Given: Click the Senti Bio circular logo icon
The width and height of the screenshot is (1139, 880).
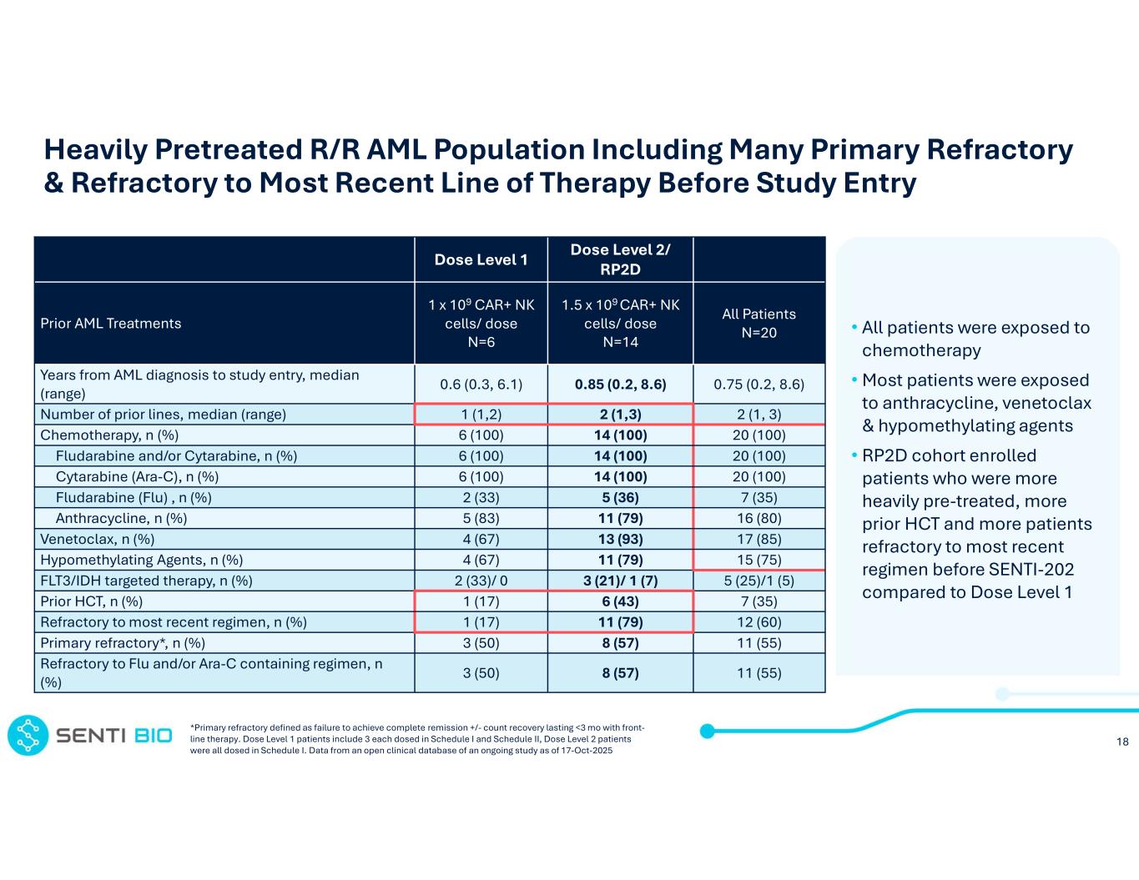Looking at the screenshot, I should [x=28, y=735].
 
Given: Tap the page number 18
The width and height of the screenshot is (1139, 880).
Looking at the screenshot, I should [x=1122, y=742].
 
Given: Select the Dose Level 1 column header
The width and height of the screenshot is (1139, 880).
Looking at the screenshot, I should [x=481, y=260].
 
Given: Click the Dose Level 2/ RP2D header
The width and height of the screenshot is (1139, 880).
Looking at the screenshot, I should [x=620, y=259].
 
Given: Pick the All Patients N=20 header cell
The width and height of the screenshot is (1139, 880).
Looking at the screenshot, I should [x=758, y=323].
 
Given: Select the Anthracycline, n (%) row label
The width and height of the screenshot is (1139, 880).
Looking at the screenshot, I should [x=121, y=518].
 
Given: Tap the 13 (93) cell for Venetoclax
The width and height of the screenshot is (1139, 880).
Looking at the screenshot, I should [x=620, y=539].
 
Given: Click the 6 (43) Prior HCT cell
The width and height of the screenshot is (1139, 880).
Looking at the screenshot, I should [x=620, y=601].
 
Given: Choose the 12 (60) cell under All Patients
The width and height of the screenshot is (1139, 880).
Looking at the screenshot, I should [x=758, y=622].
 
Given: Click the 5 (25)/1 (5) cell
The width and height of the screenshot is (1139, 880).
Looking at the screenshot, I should [x=758, y=581].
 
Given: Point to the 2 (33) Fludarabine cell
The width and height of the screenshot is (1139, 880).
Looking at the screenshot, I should [x=481, y=497].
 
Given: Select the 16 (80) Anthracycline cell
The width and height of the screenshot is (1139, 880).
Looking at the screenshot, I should [x=758, y=518].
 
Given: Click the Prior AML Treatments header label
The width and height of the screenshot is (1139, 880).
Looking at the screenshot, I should [x=111, y=324].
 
